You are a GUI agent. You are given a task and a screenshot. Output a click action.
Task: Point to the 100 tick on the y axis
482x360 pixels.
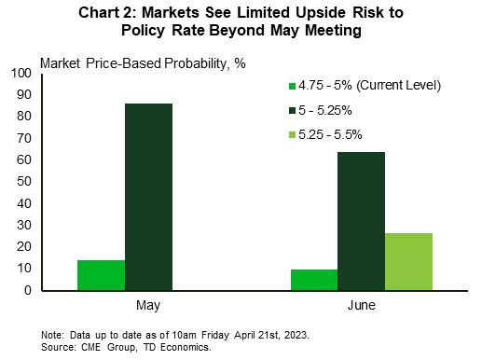[18, 73]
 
